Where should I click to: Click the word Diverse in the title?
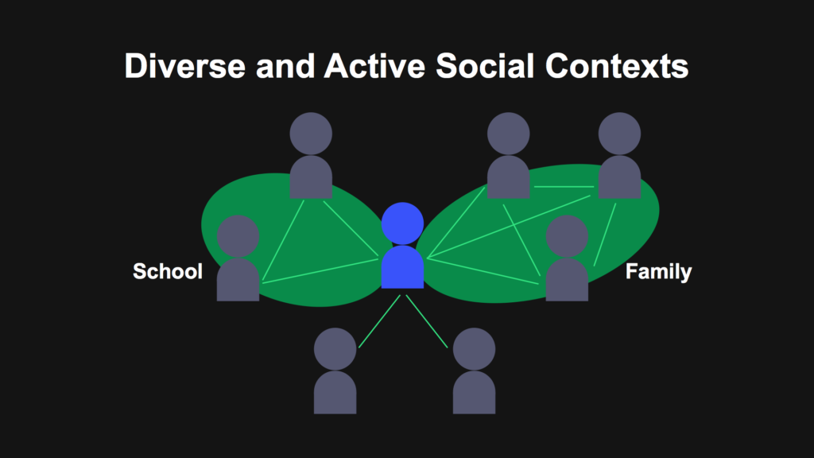tap(184, 66)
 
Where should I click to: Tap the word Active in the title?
tap(374, 66)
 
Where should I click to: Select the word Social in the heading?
tap(485, 66)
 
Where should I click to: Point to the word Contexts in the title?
tap(617, 66)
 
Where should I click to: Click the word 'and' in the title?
tap(285, 66)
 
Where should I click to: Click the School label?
tap(168, 271)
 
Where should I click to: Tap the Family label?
tap(658, 272)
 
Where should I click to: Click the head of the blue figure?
tap(402, 223)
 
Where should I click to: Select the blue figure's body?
tap(402, 267)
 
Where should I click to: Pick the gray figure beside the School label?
tap(238, 258)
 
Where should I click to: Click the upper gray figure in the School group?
tap(311, 155)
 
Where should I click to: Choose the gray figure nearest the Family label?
tap(567, 258)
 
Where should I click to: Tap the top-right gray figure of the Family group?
tap(619, 155)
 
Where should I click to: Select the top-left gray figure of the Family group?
tap(508, 155)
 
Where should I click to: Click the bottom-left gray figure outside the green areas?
tap(335, 371)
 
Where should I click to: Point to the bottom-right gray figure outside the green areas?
tap(474, 371)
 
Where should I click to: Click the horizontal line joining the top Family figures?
tap(564, 186)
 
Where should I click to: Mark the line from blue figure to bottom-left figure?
tap(379, 321)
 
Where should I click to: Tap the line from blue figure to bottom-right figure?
tap(427, 321)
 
